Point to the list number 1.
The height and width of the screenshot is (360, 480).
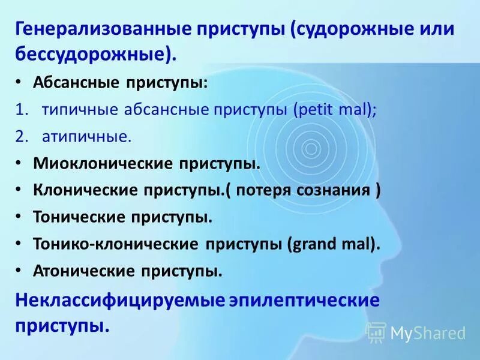click(x=22, y=110)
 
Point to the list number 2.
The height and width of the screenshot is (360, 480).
click(x=22, y=137)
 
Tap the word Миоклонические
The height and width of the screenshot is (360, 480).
click(x=99, y=163)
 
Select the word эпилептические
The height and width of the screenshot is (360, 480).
click(x=304, y=299)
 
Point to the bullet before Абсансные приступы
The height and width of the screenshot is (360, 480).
click(x=19, y=83)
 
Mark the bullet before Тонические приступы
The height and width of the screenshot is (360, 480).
click(x=19, y=217)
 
